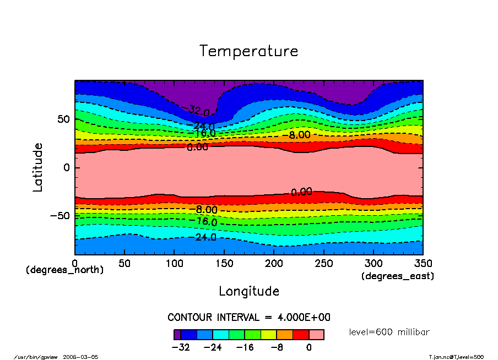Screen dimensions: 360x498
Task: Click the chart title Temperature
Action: coord(248,51)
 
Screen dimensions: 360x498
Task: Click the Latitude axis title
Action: coord(37,167)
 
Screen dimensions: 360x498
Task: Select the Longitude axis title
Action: coord(249,291)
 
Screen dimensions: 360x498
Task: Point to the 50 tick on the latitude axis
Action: coord(64,119)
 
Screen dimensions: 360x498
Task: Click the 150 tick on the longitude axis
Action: coord(224,264)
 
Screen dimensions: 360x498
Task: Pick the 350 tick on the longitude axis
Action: coord(423,264)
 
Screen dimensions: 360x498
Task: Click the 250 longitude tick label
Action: coord(323,264)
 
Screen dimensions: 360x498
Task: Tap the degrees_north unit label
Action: coord(65,270)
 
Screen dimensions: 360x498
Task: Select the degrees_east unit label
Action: coord(398,276)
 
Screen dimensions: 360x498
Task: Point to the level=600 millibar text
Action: coord(389,332)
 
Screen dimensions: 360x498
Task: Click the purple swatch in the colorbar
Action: coord(177,334)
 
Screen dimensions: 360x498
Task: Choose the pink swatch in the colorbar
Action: coord(316,334)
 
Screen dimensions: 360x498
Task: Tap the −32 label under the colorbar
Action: coord(181,347)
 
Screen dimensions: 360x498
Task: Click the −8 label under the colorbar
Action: coord(276,347)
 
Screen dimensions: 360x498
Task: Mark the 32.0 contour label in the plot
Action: coord(199,111)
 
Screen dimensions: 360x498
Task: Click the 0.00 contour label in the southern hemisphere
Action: coord(301,192)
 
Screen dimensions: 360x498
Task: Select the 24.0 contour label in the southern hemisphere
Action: coord(205,237)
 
